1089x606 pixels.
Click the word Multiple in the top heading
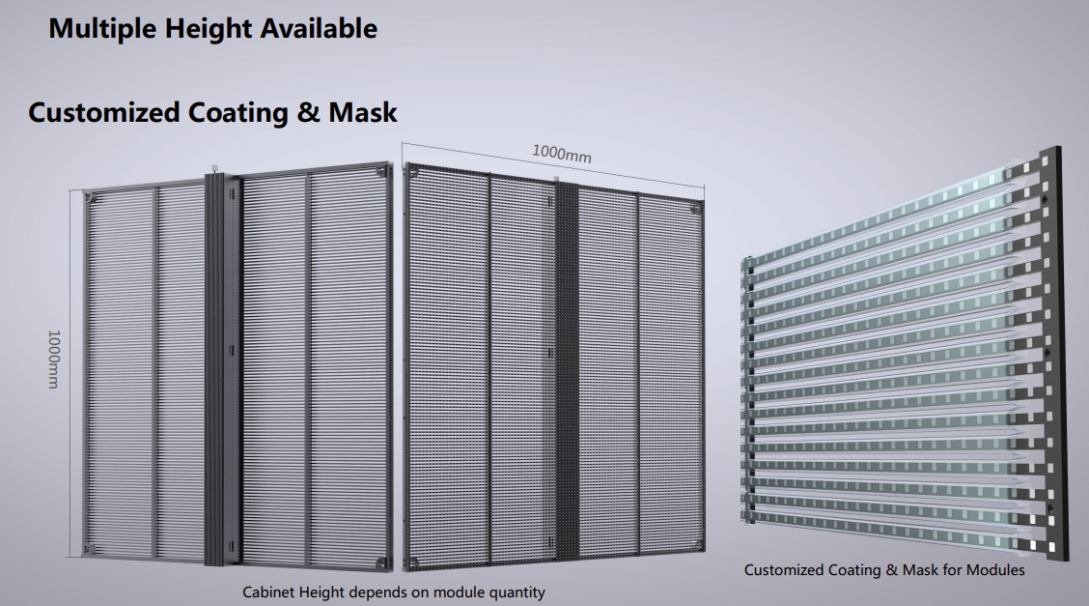(102, 29)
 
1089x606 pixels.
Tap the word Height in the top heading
(209, 29)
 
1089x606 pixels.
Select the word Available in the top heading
(319, 28)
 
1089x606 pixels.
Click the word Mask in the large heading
(363, 112)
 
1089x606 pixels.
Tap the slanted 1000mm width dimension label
(562, 154)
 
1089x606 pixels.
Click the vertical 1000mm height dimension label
(53, 359)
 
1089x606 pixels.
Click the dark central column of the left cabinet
(222, 367)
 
